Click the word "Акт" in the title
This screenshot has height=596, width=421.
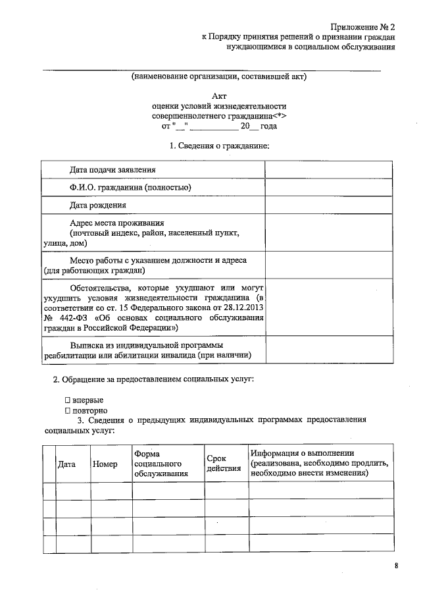[x=219, y=95]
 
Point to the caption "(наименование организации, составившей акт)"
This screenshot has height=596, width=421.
[x=219, y=76]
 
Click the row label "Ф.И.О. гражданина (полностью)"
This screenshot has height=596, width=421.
[x=130, y=187]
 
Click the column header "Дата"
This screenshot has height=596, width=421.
[x=66, y=464]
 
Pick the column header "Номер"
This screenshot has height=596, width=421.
[x=105, y=464]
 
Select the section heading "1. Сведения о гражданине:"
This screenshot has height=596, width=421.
[x=219, y=145]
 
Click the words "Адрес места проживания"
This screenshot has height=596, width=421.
[x=116, y=223]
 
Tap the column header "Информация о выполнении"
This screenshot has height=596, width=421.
[x=303, y=453]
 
